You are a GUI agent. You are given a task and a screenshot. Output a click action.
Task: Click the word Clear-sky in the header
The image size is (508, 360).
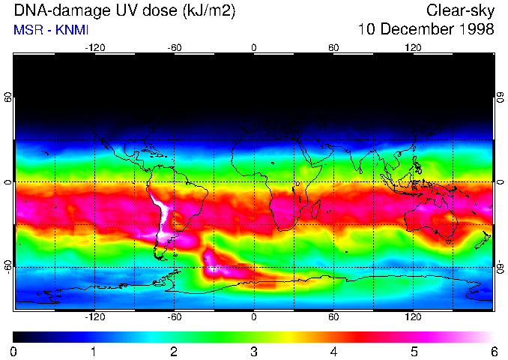pyautogui.click(x=460, y=10)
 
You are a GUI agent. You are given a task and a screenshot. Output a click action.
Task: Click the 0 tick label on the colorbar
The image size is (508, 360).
pyautogui.click(x=14, y=351)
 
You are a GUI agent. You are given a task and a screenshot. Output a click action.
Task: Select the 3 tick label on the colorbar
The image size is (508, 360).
pyautogui.click(x=254, y=351)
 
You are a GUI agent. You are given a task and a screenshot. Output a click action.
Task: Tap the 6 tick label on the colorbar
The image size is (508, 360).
pyautogui.click(x=493, y=351)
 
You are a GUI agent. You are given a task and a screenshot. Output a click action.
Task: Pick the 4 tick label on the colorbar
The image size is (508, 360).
pyautogui.click(x=333, y=351)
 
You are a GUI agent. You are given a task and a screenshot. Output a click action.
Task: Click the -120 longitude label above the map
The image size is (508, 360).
pyautogui.click(x=94, y=48)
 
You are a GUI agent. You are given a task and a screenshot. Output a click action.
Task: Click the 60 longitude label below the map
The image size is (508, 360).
pyautogui.click(x=333, y=316)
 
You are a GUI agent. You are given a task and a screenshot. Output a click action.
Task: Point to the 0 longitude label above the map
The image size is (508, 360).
pyautogui.click(x=254, y=48)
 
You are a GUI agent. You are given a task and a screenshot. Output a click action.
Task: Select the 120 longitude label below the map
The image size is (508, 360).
pyautogui.click(x=414, y=316)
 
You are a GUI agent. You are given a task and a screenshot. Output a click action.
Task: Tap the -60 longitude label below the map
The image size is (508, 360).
pyautogui.click(x=174, y=316)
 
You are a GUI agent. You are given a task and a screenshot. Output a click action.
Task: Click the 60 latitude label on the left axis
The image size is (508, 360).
pyautogui.click(x=7, y=97)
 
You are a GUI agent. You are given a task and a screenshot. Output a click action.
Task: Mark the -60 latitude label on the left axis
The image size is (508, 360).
pyautogui.click(x=7, y=266)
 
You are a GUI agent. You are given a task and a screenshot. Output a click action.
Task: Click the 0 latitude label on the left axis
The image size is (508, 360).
pyautogui.click(x=7, y=182)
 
